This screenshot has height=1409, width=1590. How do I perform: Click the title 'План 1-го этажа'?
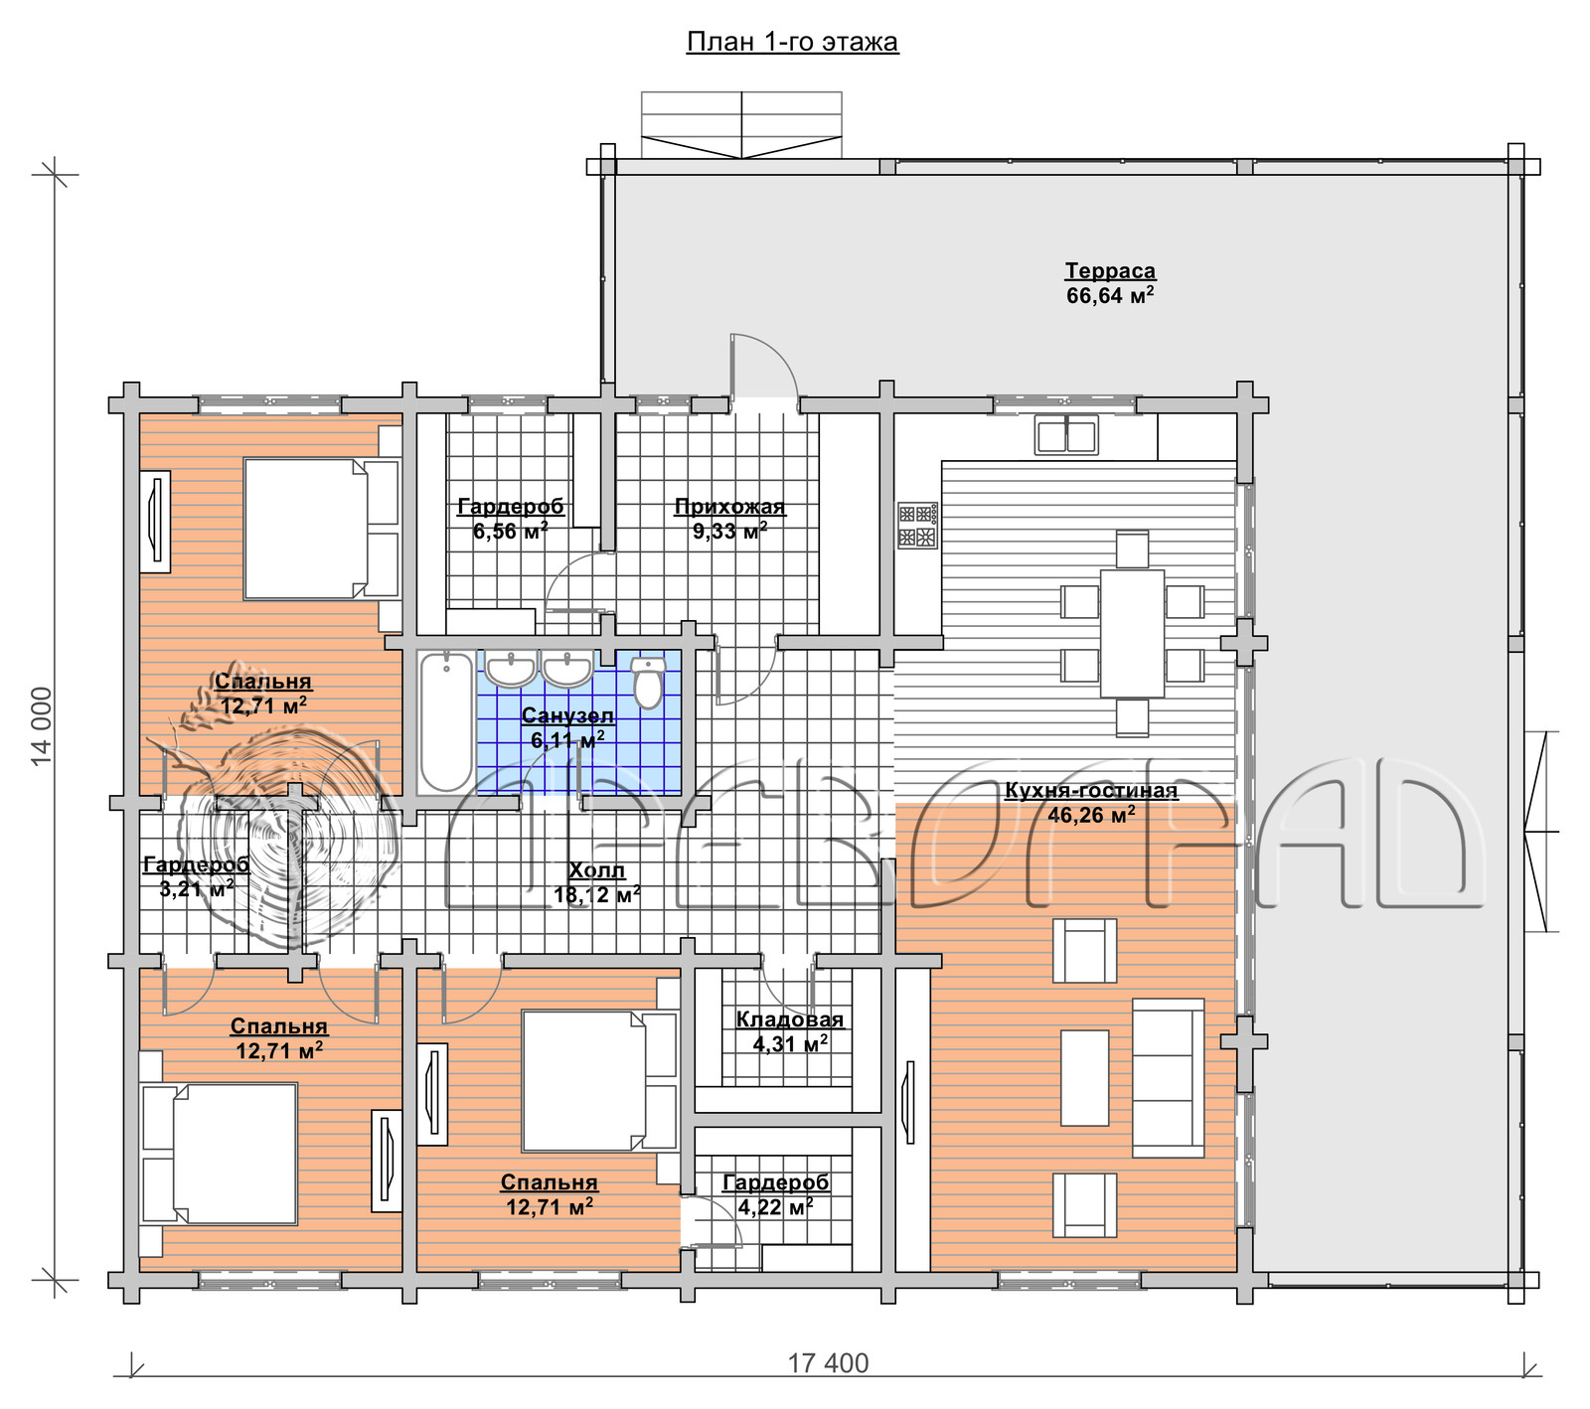[x=792, y=42]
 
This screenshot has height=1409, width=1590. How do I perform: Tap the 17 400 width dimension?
[x=828, y=1363]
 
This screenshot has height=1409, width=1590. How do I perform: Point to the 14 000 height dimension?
[x=41, y=726]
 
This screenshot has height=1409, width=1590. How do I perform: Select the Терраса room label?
[x=1110, y=270]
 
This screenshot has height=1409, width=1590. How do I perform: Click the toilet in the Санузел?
[x=648, y=682]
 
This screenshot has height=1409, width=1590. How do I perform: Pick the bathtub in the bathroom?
[x=445, y=721]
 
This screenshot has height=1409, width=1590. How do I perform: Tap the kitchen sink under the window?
[x=1066, y=435]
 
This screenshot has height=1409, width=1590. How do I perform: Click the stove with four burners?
[x=917, y=526]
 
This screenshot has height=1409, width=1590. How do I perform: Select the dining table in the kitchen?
[x=1132, y=633]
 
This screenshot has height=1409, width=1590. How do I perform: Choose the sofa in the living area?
[x=1168, y=1077]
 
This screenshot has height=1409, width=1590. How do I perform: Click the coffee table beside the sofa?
[x=1084, y=1077]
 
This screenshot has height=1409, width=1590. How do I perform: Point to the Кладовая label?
[x=789, y=1019]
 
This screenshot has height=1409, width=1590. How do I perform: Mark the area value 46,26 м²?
[x=1091, y=815]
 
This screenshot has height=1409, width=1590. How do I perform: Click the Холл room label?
[x=596, y=870]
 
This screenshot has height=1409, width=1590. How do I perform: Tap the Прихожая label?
[x=729, y=507]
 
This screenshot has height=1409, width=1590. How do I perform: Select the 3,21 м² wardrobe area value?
[x=197, y=888]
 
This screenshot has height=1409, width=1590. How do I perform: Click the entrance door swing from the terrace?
[x=764, y=366]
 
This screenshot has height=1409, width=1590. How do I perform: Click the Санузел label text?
[x=567, y=715]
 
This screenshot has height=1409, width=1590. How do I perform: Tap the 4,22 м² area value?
[x=775, y=1207]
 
